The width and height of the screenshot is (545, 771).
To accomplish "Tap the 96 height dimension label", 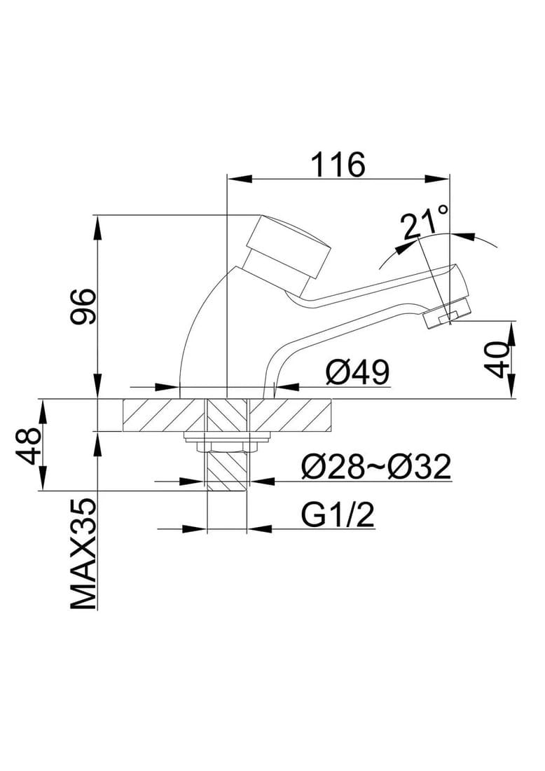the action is pyautogui.click(x=83, y=307).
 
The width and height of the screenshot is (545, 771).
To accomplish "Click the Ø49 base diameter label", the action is pyautogui.click(x=357, y=372).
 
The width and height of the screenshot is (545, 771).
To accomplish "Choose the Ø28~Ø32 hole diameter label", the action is pyautogui.click(x=376, y=467).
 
